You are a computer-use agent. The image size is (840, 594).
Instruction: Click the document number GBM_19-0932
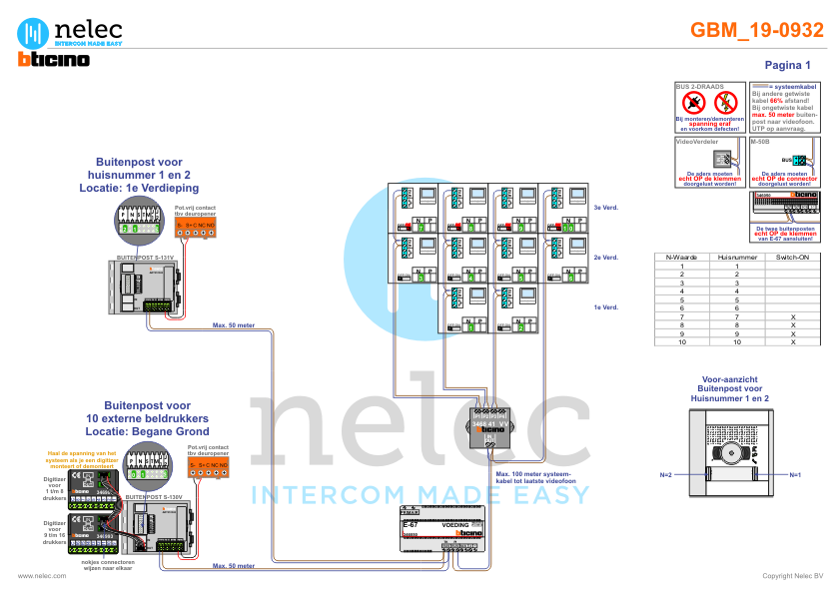point(757,31)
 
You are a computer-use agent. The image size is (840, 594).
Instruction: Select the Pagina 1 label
point(787,65)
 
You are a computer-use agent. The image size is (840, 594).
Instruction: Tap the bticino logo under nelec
point(54,60)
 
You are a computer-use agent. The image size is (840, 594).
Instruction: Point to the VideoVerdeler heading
point(698,142)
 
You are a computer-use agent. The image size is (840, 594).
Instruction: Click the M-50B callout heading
point(760,142)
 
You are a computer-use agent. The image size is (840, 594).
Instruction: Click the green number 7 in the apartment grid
point(420,228)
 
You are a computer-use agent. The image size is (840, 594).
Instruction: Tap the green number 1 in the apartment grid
point(471,326)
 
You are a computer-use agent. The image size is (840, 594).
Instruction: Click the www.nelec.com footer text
point(42,576)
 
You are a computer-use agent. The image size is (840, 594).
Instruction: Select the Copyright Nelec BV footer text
point(792,576)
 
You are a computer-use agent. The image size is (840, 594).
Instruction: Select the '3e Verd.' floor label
point(602,208)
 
